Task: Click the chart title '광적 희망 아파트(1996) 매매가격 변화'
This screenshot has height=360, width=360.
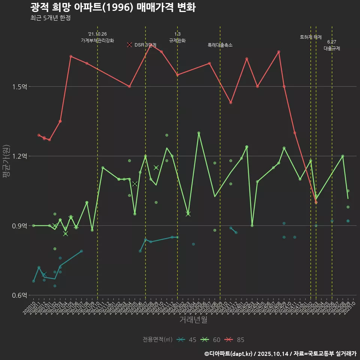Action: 112,7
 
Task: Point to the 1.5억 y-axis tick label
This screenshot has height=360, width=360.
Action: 20,87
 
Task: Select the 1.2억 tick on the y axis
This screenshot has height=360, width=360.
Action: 20,156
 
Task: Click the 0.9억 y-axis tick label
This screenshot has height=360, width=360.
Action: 20,226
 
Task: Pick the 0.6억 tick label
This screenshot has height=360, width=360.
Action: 20,295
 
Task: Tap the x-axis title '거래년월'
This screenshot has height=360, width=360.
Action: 193,320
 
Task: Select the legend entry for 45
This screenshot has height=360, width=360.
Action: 187,340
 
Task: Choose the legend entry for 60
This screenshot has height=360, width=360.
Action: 211,340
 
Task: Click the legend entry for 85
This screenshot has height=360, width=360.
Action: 235,340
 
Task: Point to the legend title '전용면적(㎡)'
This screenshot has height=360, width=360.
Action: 157,340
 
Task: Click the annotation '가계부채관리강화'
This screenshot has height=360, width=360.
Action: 97,40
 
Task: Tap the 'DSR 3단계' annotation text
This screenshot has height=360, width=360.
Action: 145,45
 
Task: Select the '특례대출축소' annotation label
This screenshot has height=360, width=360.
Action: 220,45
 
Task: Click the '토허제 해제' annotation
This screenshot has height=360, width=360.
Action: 311,37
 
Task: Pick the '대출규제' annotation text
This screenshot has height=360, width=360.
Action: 332,48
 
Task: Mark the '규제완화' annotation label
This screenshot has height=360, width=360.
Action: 177,40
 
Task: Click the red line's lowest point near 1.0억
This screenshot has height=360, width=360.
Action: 316,202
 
